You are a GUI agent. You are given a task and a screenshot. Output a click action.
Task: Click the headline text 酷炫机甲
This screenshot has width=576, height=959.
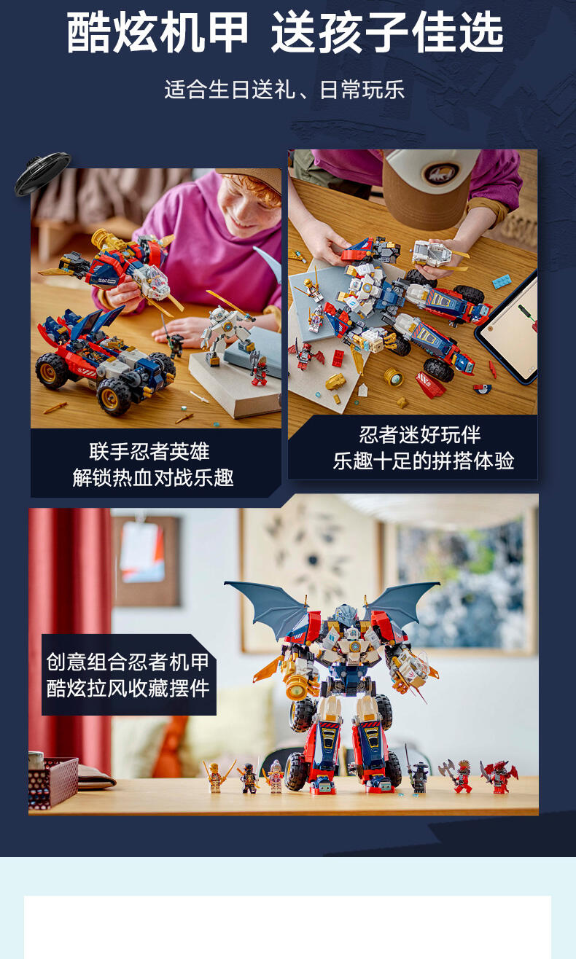(157, 32)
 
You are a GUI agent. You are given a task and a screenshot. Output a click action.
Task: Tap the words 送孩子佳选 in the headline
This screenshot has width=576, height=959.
(388, 32)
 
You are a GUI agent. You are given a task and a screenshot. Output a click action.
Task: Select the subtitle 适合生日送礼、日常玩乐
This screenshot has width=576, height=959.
(284, 90)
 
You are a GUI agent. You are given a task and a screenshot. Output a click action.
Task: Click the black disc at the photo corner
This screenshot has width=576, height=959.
(42, 173)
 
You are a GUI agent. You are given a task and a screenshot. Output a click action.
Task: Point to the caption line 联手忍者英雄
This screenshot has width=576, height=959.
(149, 452)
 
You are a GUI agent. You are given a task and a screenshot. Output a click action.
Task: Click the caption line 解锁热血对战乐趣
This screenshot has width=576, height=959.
(153, 478)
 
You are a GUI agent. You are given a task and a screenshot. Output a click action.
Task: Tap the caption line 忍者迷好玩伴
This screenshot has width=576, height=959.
(420, 435)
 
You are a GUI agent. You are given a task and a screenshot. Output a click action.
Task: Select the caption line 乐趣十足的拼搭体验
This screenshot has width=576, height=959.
(424, 461)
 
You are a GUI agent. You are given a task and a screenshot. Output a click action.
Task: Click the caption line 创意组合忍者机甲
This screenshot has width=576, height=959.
(128, 662)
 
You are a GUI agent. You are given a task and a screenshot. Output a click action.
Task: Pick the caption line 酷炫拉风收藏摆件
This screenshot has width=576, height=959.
(128, 689)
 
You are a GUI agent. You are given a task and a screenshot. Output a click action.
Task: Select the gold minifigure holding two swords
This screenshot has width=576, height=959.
(217, 776)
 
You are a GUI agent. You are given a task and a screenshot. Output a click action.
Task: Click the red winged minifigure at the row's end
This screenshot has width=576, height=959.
(499, 776)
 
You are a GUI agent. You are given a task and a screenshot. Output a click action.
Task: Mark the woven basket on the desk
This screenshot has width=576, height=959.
(53, 783)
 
